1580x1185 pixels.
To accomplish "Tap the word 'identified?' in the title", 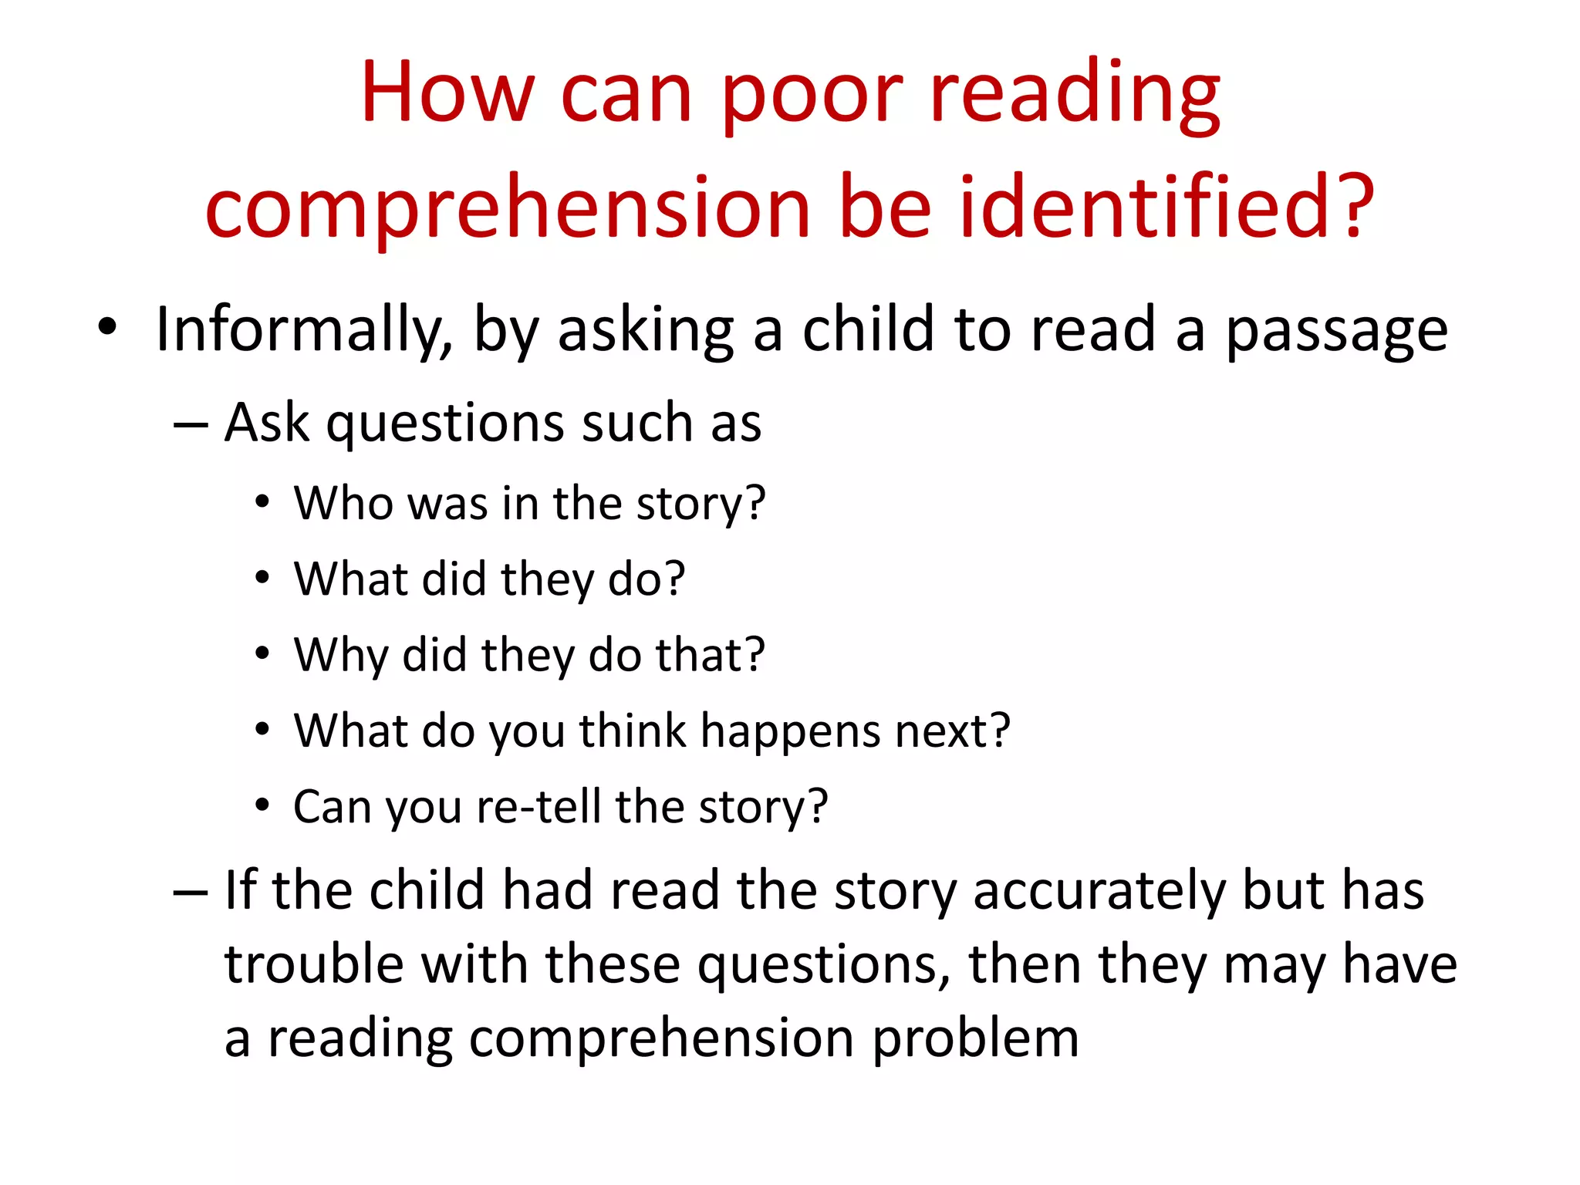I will (x=1166, y=207).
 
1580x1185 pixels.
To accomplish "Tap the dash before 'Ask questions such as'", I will (x=191, y=425).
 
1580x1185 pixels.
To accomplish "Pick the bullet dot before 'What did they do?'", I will (x=263, y=578).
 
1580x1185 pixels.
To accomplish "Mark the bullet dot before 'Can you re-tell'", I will (x=263, y=805).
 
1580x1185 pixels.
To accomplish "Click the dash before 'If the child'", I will (x=191, y=892).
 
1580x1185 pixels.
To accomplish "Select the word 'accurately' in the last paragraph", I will (x=1099, y=892).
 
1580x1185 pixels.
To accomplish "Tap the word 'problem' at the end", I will (x=975, y=1038).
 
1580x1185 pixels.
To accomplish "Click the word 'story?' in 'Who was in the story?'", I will (x=701, y=505).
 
